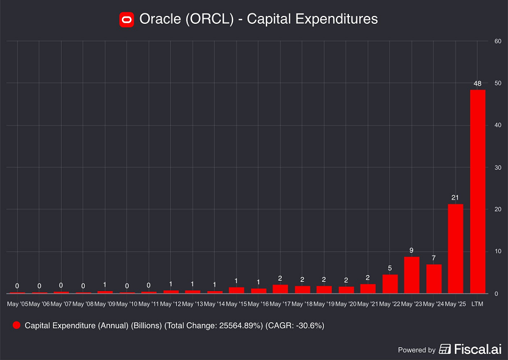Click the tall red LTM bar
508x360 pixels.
click(478, 192)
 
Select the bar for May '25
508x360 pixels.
click(456, 248)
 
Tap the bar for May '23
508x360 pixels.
click(412, 275)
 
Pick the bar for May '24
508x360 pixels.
click(434, 279)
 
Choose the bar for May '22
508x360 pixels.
click(390, 284)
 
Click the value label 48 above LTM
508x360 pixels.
click(478, 83)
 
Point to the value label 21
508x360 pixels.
click(456, 197)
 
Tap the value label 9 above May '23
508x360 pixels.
click(412, 250)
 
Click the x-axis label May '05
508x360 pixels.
click(17, 303)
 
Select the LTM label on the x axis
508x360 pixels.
click(478, 303)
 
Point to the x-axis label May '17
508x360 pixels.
click(280, 303)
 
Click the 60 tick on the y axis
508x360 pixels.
click(498, 41)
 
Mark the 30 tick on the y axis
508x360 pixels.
click(498, 167)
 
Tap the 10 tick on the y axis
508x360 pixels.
click(498, 251)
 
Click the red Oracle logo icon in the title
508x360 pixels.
click(126, 20)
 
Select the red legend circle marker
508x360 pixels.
click(16, 326)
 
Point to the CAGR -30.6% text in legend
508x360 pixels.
click(295, 326)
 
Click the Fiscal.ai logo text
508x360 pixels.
click(476, 350)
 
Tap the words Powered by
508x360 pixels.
click(417, 350)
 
